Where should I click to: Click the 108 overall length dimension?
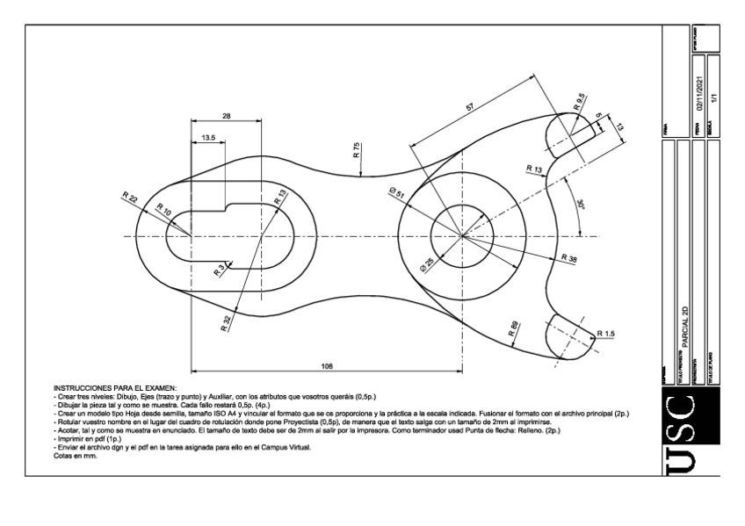(327, 364)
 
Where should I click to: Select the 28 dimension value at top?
(227, 116)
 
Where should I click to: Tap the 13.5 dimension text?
(208, 138)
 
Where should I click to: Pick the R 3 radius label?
(219, 270)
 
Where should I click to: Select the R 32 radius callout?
(228, 321)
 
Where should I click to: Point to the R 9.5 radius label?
(579, 100)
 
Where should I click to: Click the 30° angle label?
(579, 205)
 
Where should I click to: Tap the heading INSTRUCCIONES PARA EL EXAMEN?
(115, 386)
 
